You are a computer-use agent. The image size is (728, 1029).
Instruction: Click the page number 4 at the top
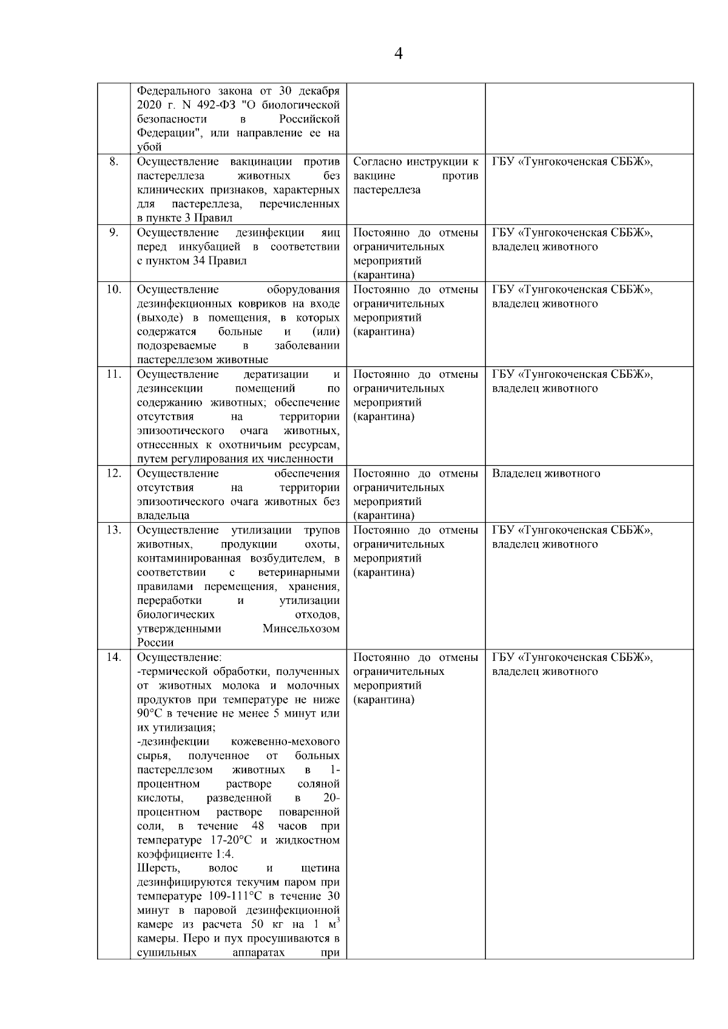399,54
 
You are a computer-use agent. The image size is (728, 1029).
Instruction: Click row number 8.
113,162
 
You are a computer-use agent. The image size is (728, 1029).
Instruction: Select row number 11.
113,374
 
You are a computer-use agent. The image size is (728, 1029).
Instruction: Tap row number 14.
113,657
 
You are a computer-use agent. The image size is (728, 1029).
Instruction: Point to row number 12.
113,474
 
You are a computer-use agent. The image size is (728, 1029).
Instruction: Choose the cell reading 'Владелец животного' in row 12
546,474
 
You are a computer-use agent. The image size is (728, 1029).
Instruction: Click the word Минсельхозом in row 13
301,629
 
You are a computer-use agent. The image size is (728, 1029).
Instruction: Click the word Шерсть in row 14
155,869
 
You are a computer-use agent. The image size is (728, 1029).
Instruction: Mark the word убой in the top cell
149,147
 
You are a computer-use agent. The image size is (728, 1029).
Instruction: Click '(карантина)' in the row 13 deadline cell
384,572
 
